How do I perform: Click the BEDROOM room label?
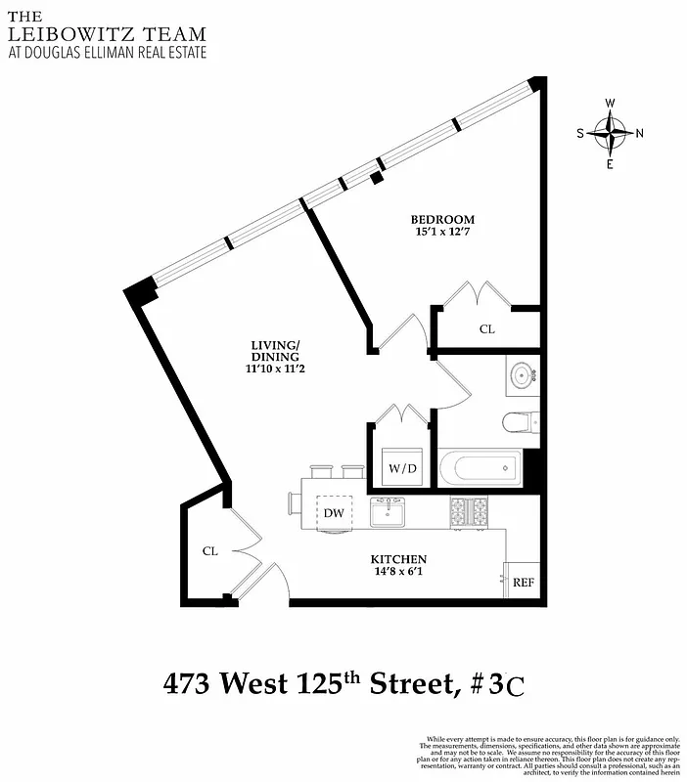(x=442, y=219)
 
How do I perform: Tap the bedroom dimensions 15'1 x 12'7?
(x=442, y=232)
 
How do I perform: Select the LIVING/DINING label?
(x=274, y=350)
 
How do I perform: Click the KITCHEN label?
(x=398, y=559)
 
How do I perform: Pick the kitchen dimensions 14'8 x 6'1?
(x=398, y=573)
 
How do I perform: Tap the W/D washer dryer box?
(x=402, y=468)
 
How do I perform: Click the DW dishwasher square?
(x=333, y=512)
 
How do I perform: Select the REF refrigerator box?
(x=524, y=583)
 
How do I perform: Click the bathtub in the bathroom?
(x=480, y=468)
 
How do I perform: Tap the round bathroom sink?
(x=521, y=375)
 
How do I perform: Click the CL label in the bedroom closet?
(x=486, y=329)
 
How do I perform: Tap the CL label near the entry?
(x=209, y=551)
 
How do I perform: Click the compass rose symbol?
(x=611, y=133)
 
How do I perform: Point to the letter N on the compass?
(x=639, y=134)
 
